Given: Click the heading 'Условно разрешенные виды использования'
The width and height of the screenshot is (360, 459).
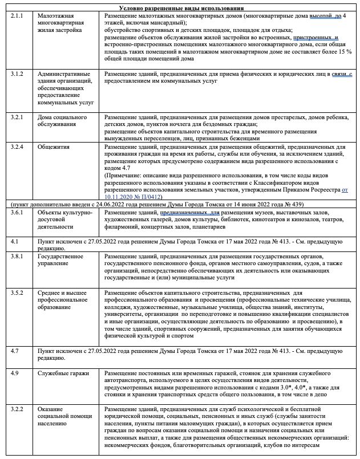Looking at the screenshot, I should click(181, 8).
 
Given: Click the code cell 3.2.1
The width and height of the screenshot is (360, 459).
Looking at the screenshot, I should click(17, 116).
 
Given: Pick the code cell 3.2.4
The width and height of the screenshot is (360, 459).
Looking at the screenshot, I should click(17, 147).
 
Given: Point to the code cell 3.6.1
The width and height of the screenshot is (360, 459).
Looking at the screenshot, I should click(17, 213).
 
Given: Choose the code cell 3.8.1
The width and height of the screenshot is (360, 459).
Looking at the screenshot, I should click(17, 256).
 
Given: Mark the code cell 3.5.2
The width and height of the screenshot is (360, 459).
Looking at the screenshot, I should click(17, 293).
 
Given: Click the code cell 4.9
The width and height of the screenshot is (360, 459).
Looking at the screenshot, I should click(15, 373).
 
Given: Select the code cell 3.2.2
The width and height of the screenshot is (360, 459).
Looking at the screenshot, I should click(17, 409).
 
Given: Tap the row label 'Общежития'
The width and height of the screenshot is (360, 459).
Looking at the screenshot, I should click(54, 147).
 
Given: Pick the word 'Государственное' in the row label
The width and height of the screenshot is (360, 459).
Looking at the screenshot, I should click(60, 256).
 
